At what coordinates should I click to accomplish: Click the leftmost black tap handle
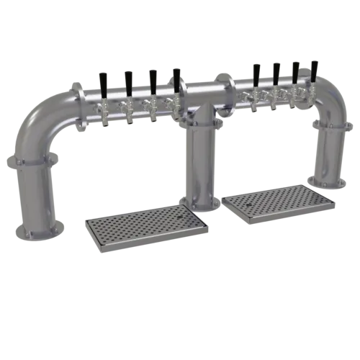click(104, 78)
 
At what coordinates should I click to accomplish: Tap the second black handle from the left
click(127, 79)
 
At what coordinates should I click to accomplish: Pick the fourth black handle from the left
click(176, 76)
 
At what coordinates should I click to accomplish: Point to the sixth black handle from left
click(276, 72)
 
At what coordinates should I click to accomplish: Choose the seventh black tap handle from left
click(294, 71)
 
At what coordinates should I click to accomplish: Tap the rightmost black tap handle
click(314, 70)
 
